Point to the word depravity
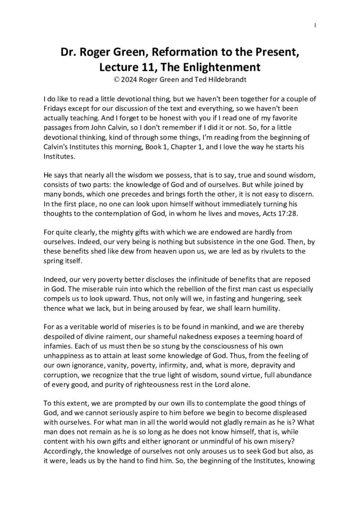290,369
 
